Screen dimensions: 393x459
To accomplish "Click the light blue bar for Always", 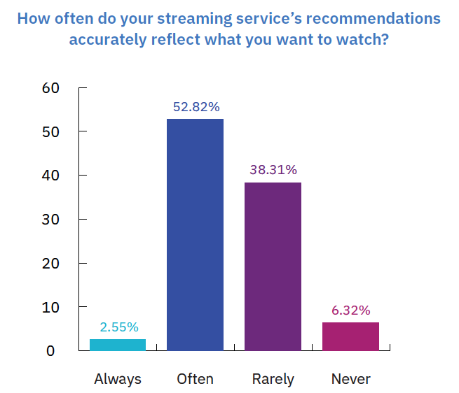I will (118, 344).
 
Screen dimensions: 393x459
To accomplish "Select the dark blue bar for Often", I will (195, 234).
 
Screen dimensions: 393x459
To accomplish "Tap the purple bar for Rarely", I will (273, 266).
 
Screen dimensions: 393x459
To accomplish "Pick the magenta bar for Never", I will (350, 336).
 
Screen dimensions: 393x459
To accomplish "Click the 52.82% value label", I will (196, 107).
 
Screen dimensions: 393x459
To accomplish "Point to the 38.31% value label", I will (273, 170).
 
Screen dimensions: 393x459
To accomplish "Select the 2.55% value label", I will (118, 327).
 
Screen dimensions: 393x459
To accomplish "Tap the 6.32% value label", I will (350, 310).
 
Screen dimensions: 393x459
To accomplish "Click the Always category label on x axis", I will (118, 379).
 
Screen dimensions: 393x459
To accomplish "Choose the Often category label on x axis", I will (196, 379).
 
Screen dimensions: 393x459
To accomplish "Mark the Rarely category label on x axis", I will (273, 379).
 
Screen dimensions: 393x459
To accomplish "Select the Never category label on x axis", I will (350, 379).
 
